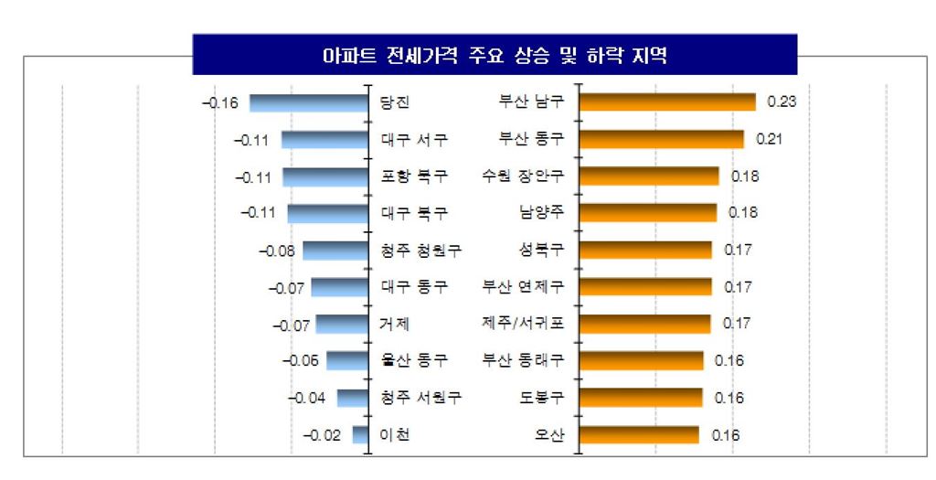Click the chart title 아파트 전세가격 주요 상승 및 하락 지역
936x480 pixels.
coord(495,55)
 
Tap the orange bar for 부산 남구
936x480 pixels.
coord(668,101)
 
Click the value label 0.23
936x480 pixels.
coord(782,102)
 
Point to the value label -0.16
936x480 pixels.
coord(219,102)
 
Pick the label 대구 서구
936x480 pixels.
coord(414,140)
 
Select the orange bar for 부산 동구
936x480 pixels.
coord(663,139)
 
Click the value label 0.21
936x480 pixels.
coord(770,140)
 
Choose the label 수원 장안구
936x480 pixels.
coord(522,176)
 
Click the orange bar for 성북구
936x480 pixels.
coord(646,250)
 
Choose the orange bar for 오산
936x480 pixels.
coord(640,434)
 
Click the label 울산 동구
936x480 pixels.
coord(414,360)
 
